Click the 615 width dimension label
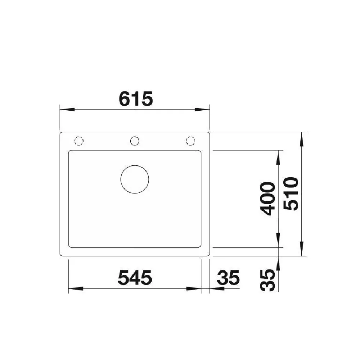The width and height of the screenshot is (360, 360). [136, 99]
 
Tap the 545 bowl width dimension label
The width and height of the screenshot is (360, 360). [135, 278]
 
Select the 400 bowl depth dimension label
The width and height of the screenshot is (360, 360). [267, 199]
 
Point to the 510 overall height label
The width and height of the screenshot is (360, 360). [291, 194]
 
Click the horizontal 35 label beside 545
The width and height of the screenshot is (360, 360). [228, 278]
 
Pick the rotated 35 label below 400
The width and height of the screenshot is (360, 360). [267, 280]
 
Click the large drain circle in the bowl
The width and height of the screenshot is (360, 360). [135, 179]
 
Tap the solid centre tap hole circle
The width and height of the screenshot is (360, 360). [135, 141]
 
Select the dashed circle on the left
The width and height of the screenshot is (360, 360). [79, 141]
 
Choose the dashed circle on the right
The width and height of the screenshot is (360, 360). [190, 141]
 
